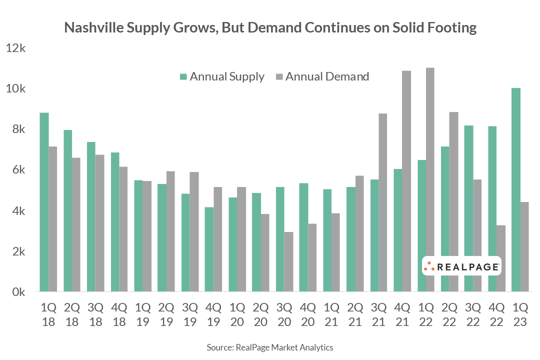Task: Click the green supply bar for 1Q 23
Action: (x=515, y=190)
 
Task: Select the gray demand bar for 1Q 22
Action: (x=430, y=179)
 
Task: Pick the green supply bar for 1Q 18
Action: (x=44, y=202)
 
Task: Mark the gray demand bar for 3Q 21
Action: (x=383, y=202)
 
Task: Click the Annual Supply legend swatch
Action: (x=183, y=77)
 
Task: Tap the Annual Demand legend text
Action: (x=327, y=77)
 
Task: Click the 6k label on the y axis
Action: (x=18, y=170)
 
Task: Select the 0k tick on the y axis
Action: (x=18, y=292)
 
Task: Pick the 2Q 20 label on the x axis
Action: (x=260, y=314)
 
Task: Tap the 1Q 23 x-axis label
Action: (x=520, y=314)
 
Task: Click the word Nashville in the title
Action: (x=92, y=28)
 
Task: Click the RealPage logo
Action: (x=461, y=267)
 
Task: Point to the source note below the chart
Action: (x=270, y=347)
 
